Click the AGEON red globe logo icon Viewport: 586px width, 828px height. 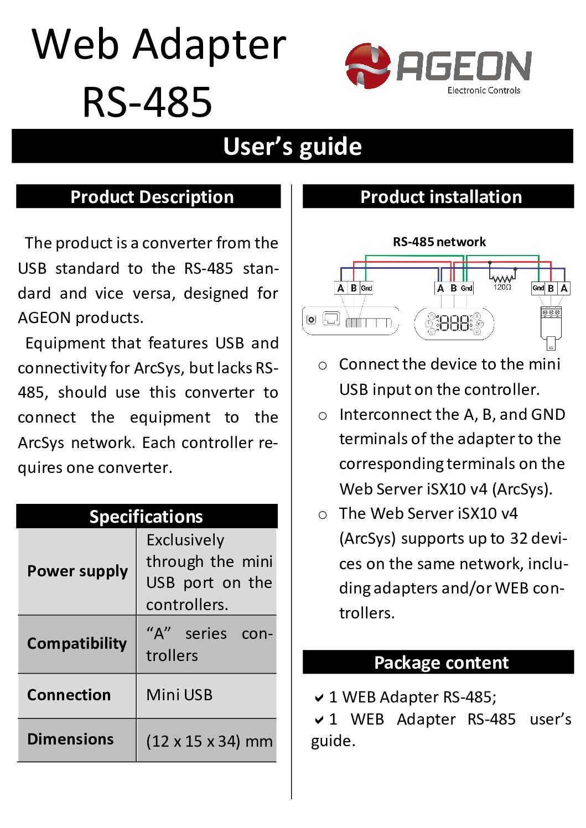(367, 66)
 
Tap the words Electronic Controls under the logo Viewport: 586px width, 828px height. (484, 90)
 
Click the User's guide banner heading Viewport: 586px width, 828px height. (292, 147)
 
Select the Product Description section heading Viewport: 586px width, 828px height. (152, 197)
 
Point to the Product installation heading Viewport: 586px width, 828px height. (441, 197)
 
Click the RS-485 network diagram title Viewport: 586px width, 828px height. (439, 242)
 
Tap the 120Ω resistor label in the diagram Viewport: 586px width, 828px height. (502, 287)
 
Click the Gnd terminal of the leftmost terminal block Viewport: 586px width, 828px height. (366, 288)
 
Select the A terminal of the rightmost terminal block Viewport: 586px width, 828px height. (564, 288)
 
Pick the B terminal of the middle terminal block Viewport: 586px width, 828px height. (453, 288)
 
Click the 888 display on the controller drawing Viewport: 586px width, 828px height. (454, 323)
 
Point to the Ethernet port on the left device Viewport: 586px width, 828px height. (331, 319)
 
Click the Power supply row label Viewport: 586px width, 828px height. (77, 571)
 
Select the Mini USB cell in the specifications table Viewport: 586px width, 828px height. (179, 695)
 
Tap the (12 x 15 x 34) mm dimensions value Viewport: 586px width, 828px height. (209, 741)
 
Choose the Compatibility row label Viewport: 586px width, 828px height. (77, 643)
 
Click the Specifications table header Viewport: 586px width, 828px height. (146, 517)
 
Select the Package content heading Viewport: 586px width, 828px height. (441, 663)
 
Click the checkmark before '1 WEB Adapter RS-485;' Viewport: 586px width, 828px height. (319, 698)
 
